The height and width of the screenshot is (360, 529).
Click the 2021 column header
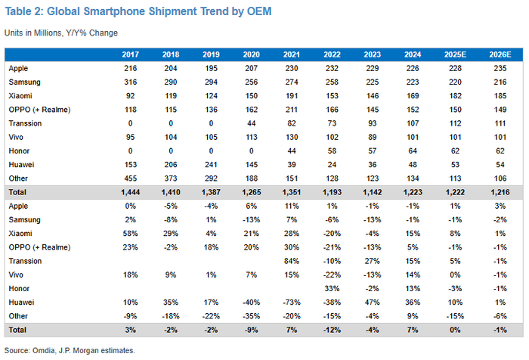click(290, 55)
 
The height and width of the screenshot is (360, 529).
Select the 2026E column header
click(500, 55)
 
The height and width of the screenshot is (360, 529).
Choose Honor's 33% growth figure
click(330, 287)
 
